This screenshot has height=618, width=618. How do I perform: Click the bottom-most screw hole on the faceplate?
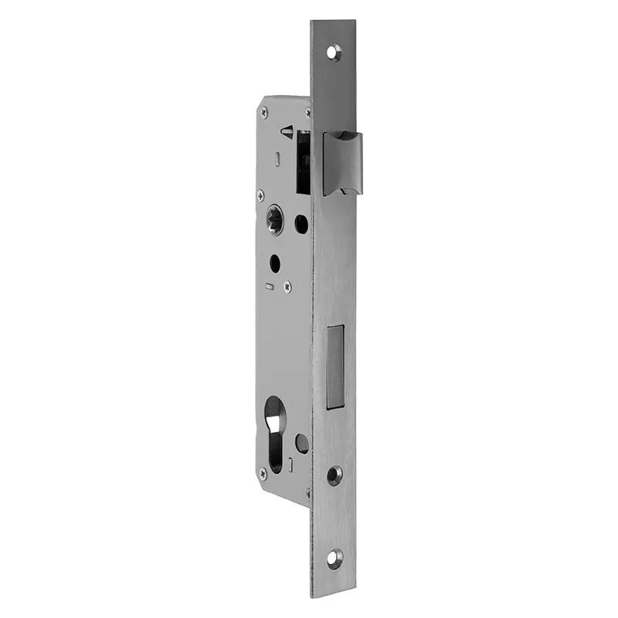pyautogui.click(x=334, y=558)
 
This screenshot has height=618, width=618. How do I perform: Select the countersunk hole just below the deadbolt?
pyautogui.click(x=334, y=474)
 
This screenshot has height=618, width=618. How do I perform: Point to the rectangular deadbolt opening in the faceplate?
pyautogui.click(x=335, y=366)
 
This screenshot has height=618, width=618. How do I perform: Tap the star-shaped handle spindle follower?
pyautogui.click(x=274, y=219)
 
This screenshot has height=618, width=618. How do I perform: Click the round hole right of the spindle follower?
pyautogui.click(x=301, y=223)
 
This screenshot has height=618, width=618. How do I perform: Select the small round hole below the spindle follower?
pyautogui.click(x=274, y=263)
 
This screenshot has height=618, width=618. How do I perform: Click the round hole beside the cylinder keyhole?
pyautogui.click(x=301, y=443)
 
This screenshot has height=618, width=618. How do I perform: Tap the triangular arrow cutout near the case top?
pyautogui.click(x=287, y=131)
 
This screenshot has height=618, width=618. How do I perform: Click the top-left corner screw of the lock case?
pyautogui.click(x=265, y=113)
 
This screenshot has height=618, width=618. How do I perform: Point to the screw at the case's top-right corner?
pyautogui.click(x=308, y=113)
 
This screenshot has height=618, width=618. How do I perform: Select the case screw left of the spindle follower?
pyautogui.click(x=260, y=196)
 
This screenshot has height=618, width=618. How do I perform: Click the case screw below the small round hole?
pyautogui.click(x=287, y=286)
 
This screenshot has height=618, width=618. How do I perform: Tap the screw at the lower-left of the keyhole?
pyautogui.click(x=263, y=471)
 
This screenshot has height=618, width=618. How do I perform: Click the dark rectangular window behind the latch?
pyautogui.click(x=304, y=162)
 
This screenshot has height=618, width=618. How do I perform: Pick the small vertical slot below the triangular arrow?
pyautogui.click(x=277, y=158)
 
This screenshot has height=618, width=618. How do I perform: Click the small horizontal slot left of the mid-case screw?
pyautogui.click(x=268, y=287)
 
